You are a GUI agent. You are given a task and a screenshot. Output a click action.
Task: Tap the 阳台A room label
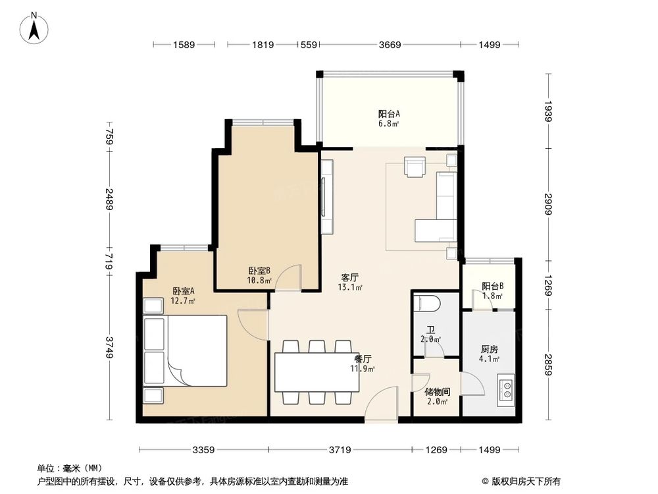click(x=389, y=113)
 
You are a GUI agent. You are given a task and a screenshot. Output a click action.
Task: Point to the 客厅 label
click(x=349, y=277)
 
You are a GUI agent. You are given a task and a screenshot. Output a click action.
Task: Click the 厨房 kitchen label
click(x=489, y=350)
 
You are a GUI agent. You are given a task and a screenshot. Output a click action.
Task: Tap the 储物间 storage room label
click(x=438, y=391)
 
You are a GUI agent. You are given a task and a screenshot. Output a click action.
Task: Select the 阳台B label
click(x=492, y=287)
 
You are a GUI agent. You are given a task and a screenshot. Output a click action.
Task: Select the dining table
click(x=316, y=373)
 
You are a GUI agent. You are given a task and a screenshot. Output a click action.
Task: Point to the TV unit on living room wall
click(x=327, y=198)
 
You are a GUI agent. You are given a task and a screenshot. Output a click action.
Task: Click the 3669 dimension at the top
click(x=390, y=45)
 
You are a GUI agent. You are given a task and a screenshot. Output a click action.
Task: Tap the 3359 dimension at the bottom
click(x=203, y=451)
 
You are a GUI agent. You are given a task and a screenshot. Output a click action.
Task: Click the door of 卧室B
click(x=288, y=277)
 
